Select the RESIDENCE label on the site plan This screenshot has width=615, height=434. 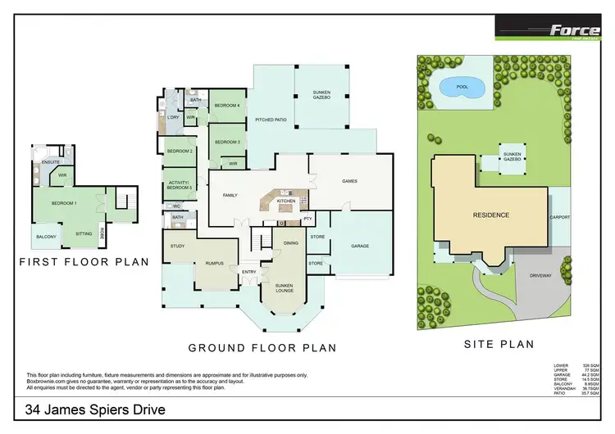(x=490, y=215)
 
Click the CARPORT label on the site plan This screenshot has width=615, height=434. (x=559, y=218)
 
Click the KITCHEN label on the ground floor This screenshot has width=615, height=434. (x=285, y=201)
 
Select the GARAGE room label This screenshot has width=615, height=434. (x=359, y=246)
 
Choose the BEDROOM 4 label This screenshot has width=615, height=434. (x=226, y=106)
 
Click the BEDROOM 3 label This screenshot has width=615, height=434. (x=226, y=142)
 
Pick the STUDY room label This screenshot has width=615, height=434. (x=178, y=246)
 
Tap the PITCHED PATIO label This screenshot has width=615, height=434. (x=271, y=120)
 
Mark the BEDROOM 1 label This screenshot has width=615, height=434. (x=63, y=203)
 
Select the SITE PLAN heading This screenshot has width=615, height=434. (x=500, y=345)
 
